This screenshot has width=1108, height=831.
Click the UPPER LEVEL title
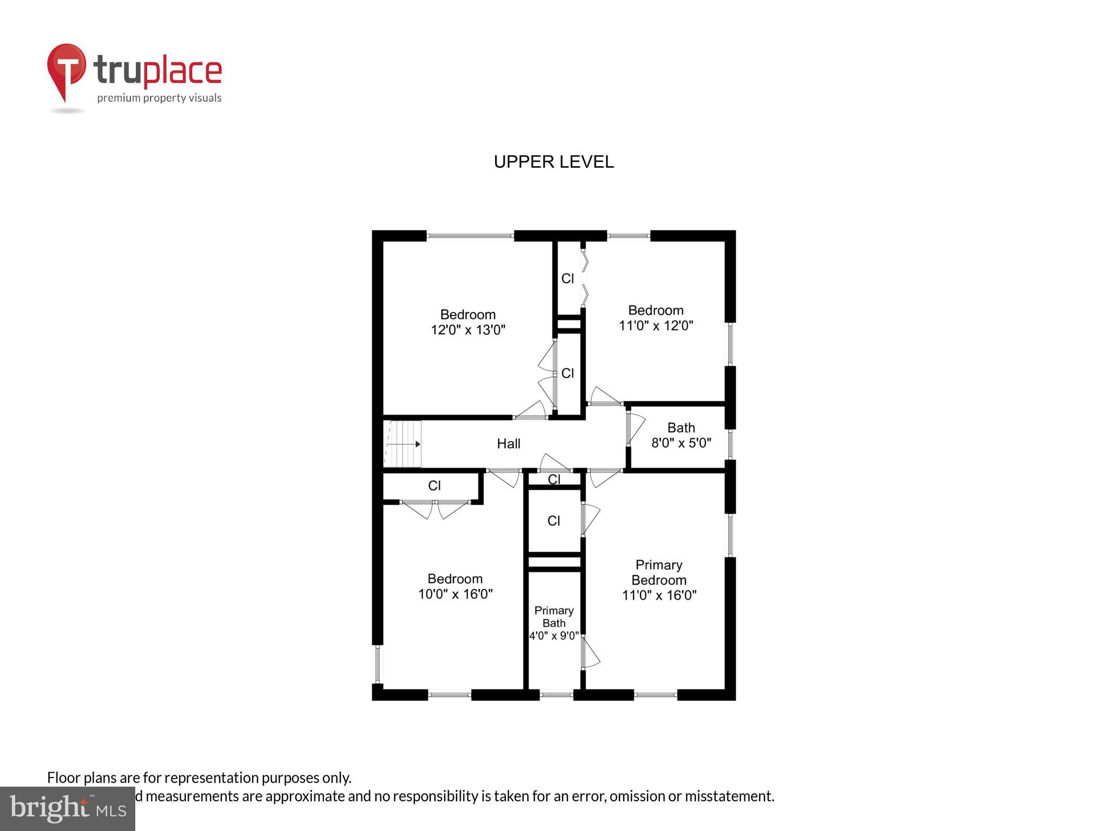553,162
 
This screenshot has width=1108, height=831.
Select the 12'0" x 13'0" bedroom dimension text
468,330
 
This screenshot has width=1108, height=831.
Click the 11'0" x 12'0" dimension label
656,326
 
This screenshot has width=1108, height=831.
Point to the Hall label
509,444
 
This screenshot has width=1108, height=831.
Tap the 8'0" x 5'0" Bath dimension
681,443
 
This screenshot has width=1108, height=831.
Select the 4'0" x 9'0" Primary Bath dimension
553,636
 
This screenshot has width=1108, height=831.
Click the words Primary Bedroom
658,572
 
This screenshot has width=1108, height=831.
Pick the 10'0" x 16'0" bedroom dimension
455,594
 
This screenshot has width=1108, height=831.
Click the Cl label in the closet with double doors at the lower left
434,486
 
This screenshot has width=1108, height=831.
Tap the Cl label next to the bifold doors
568,279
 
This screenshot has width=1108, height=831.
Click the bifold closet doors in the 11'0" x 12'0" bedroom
584,278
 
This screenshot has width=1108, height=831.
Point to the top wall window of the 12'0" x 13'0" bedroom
470,236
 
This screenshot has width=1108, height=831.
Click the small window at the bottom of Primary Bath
556,695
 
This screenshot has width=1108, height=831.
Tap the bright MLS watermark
67,808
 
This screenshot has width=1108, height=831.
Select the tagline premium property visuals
159,98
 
